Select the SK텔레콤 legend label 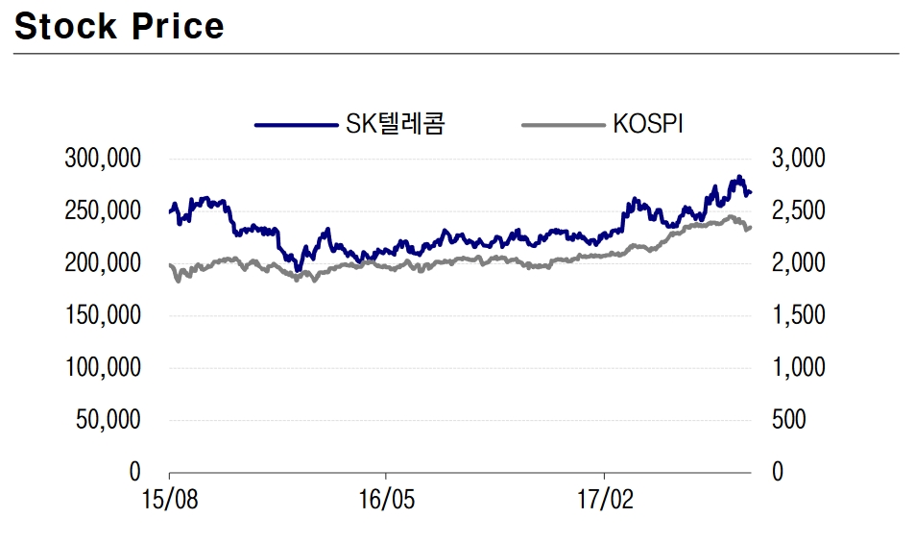tap(395, 124)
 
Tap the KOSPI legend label tap(647, 124)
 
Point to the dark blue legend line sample tap(297, 125)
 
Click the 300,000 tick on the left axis tap(103, 158)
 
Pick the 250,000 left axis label tap(103, 210)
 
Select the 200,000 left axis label tap(103, 262)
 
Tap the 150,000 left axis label tap(103, 315)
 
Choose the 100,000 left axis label tap(103, 367)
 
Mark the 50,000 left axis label tap(108, 420)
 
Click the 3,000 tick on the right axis tap(797, 158)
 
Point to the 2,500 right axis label tap(797, 210)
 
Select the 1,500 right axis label tap(797, 315)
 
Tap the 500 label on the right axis tap(789, 420)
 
